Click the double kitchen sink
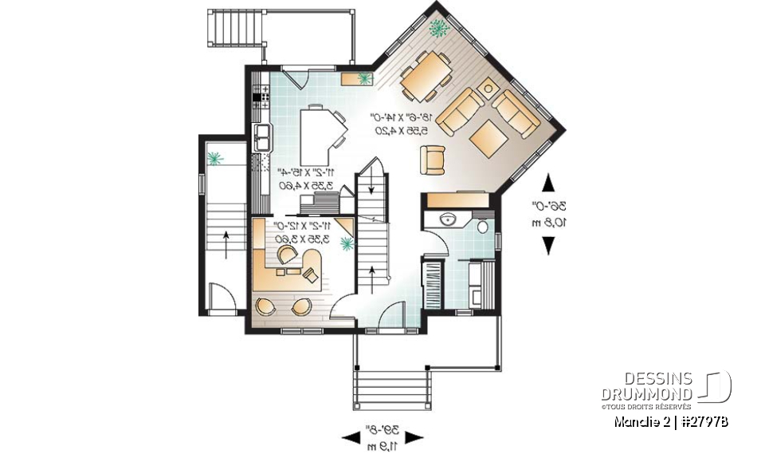point(262,136)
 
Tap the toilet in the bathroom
point(483,227)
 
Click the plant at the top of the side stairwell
point(214,158)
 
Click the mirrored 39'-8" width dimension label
point(383,432)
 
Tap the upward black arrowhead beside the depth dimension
point(549,184)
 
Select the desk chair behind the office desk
point(285,254)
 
